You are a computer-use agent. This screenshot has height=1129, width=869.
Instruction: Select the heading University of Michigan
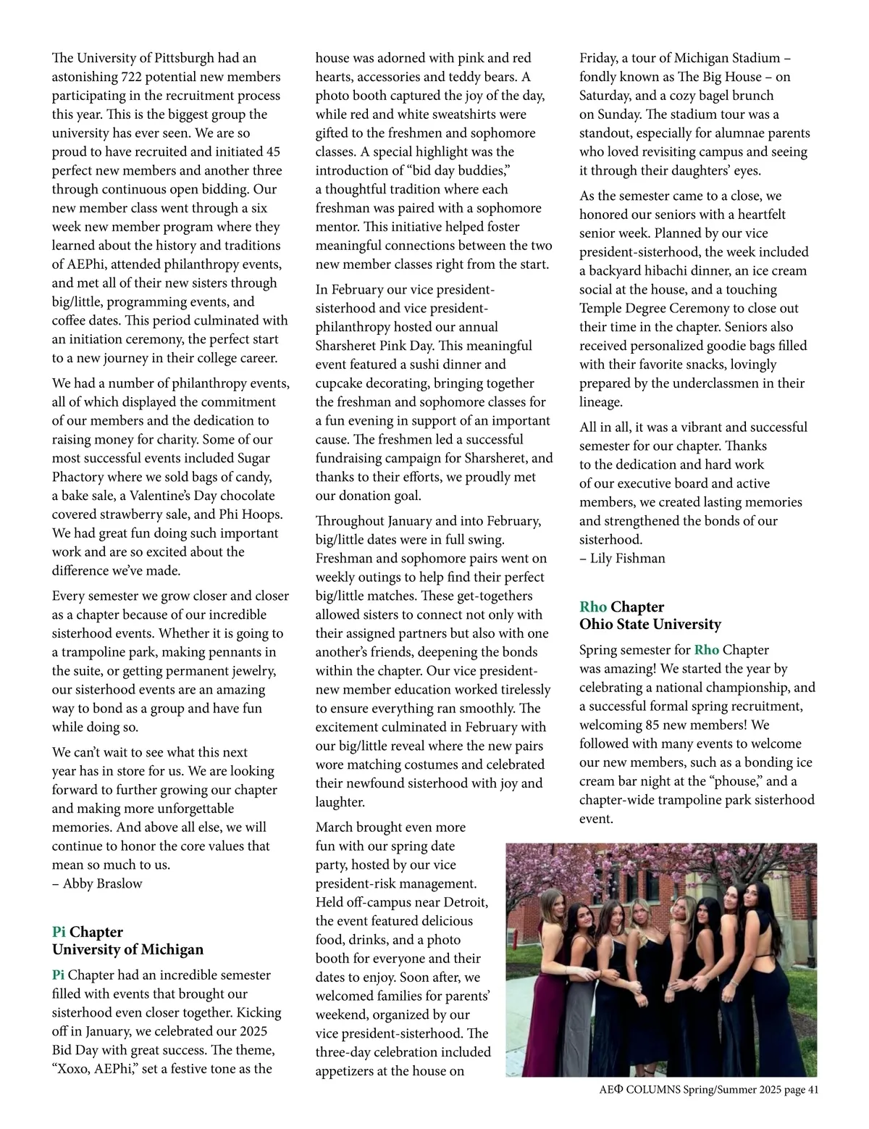pos(127,949)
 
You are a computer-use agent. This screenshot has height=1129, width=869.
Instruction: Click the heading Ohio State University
pos(650,624)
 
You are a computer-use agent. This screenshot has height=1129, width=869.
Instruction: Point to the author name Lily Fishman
pos(628,558)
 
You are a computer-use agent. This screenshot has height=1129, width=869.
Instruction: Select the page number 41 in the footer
pos(811,1090)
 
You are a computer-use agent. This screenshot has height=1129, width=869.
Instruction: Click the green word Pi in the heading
pos(59,932)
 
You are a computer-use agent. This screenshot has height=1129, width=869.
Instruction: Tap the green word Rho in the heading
pos(593,607)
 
